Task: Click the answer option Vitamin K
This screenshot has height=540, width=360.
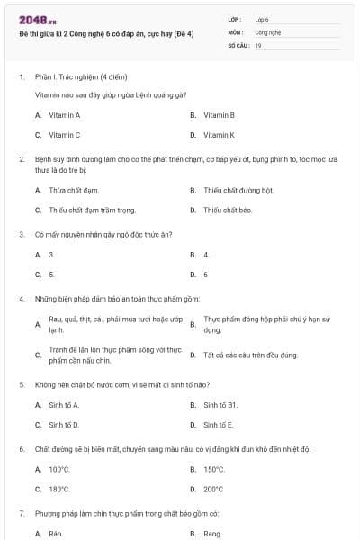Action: point(219,135)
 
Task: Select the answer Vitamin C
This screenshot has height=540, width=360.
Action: point(64,135)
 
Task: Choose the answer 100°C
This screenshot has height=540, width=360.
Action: point(59,469)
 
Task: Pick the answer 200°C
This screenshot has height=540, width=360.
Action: point(213,490)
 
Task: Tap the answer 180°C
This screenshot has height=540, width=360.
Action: point(59,490)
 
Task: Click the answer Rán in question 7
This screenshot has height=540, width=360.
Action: point(56,534)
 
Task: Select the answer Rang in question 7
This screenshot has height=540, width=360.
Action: point(212,534)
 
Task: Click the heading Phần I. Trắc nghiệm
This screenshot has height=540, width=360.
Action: point(81,77)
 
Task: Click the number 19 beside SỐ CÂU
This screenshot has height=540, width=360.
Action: point(258,45)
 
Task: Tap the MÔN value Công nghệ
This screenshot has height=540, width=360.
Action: point(268,31)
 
